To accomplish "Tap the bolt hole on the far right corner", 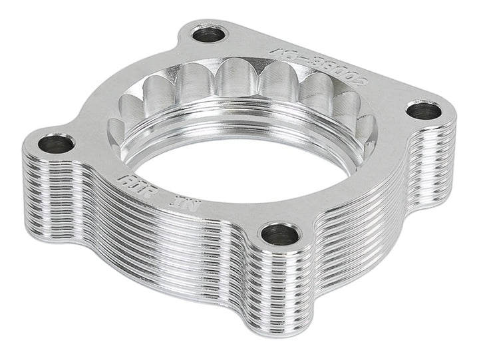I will pos(423,110).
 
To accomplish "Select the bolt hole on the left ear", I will pos(56,144).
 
